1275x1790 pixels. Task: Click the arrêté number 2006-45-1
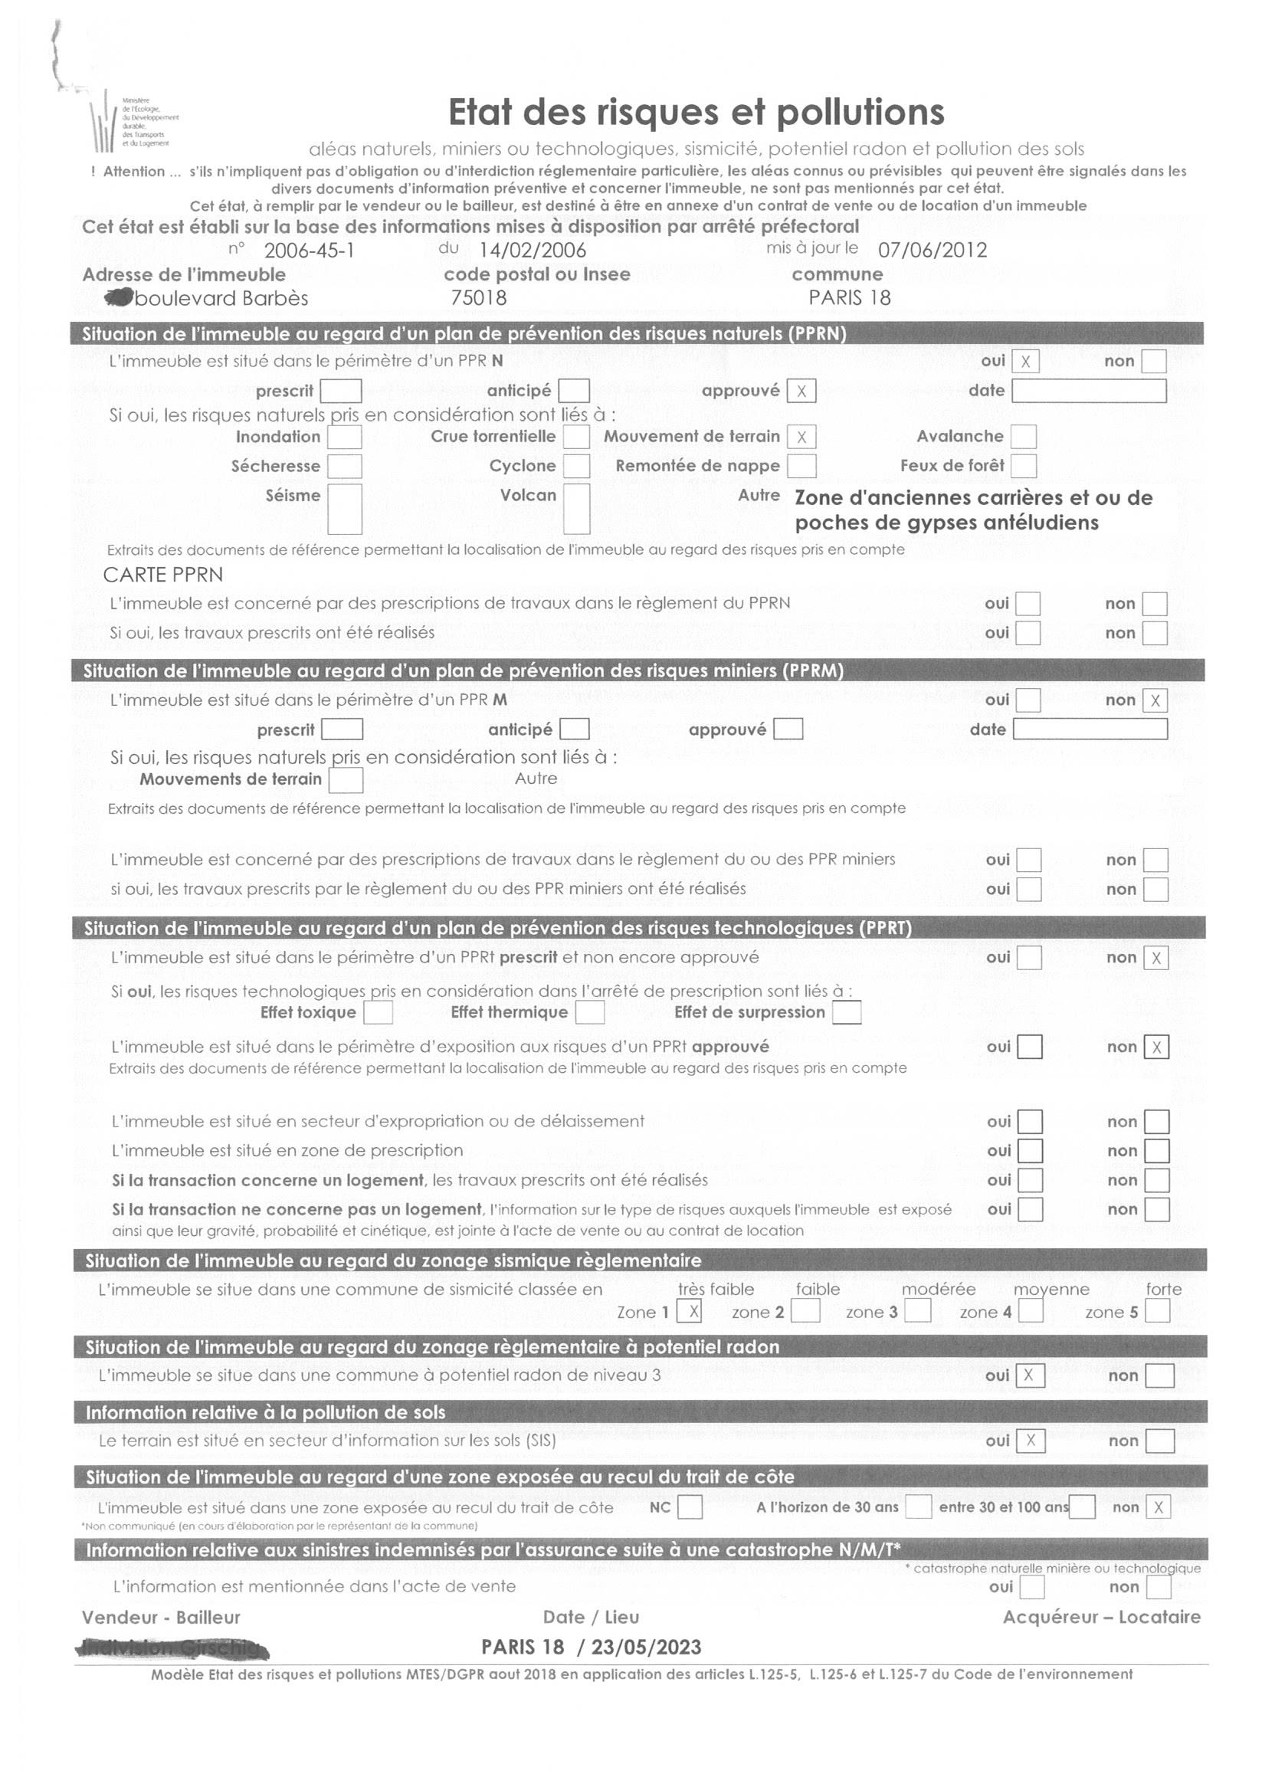click(310, 251)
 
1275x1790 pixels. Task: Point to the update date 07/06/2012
click(932, 251)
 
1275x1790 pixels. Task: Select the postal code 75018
click(478, 297)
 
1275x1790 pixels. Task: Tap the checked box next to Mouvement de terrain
click(801, 438)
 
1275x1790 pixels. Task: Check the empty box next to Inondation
click(344, 438)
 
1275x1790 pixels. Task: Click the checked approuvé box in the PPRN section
click(801, 391)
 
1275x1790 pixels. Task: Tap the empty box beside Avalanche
click(1023, 437)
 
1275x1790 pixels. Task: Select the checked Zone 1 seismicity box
click(689, 1310)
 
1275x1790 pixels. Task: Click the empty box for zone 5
click(1157, 1310)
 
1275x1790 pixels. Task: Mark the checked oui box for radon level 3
click(1029, 1375)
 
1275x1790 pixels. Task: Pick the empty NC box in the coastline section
click(690, 1507)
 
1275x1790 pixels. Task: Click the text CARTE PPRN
click(163, 575)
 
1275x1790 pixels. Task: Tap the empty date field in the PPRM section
click(1090, 729)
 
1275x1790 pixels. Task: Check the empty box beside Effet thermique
click(589, 1012)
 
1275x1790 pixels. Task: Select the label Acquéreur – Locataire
click(1102, 1618)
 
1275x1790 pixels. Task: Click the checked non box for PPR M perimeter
click(1155, 700)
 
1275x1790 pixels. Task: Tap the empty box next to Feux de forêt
click(1023, 467)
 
